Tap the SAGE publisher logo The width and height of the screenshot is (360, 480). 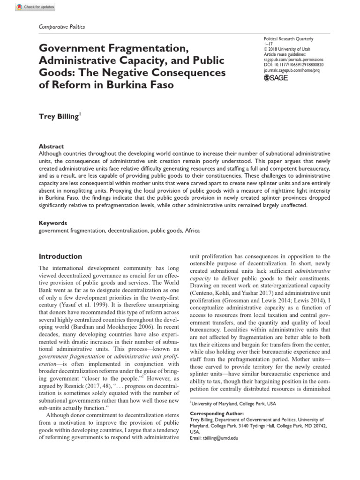pyautogui.click(x=277, y=78)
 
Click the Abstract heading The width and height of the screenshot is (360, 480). pyautogui.click(x=51, y=146)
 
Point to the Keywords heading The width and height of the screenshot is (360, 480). pyautogui.click(x=52, y=223)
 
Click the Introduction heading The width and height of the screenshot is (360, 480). pyautogui.click(x=60, y=256)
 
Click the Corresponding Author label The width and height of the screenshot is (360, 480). pyautogui.click(x=217, y=414)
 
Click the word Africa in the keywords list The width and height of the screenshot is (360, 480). pyautogui.click(x=193, y=231)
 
